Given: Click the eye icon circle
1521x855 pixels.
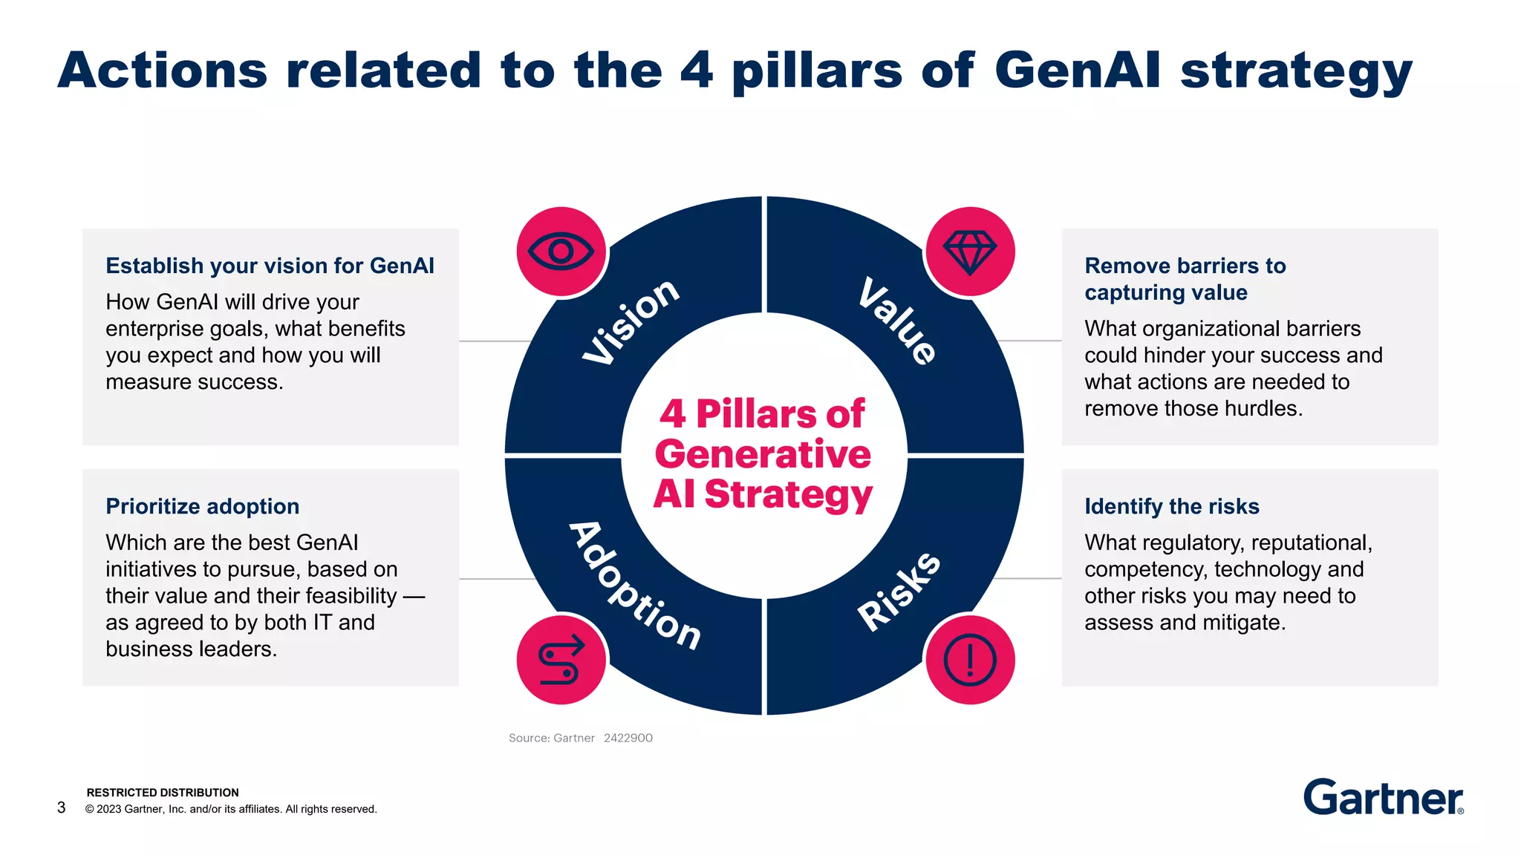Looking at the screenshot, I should [561, 252].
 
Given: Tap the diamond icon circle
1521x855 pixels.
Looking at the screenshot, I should [970, 252].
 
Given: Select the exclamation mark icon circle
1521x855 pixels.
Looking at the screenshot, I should [970, 660].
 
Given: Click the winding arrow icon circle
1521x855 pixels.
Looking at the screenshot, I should [561, 660].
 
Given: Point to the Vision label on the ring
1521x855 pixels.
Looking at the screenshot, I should [631, 322].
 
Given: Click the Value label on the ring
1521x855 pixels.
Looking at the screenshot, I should [898, 321].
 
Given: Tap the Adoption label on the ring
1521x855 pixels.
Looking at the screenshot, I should [635, 586].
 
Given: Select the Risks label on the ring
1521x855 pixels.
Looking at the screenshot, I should [899, 592].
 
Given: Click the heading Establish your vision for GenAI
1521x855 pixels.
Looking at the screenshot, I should [270, 266].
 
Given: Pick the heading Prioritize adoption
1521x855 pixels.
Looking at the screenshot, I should [202, 506].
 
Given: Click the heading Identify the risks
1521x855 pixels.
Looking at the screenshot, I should [1171, 506].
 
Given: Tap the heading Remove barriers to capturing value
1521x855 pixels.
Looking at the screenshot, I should [1185, 278].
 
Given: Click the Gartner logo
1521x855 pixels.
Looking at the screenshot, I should [1383, 798].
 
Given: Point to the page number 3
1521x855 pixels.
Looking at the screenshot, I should [62, 807].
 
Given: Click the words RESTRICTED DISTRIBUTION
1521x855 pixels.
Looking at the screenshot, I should [163, 793].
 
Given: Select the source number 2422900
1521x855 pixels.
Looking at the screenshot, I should [628, 738].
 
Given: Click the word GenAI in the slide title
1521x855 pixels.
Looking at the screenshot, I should [1076, 71].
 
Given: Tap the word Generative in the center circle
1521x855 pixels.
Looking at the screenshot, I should [763, 454].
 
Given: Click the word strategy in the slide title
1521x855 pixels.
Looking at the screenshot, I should [1296, 72].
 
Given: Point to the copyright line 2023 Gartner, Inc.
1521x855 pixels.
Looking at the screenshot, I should [231, 809].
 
